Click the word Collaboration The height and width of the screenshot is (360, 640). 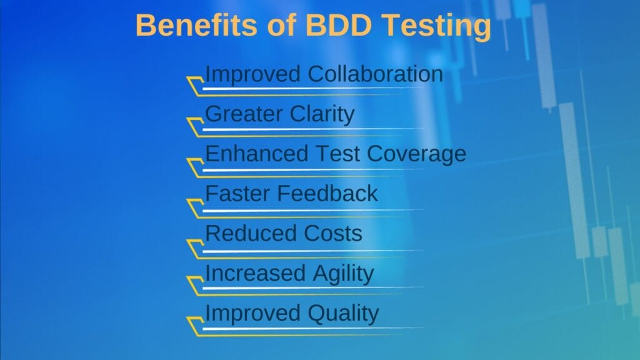point(376,74)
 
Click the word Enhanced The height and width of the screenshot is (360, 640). point(253,154)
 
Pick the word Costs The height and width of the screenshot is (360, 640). point(333,233)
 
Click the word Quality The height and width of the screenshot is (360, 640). point(343,314)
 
